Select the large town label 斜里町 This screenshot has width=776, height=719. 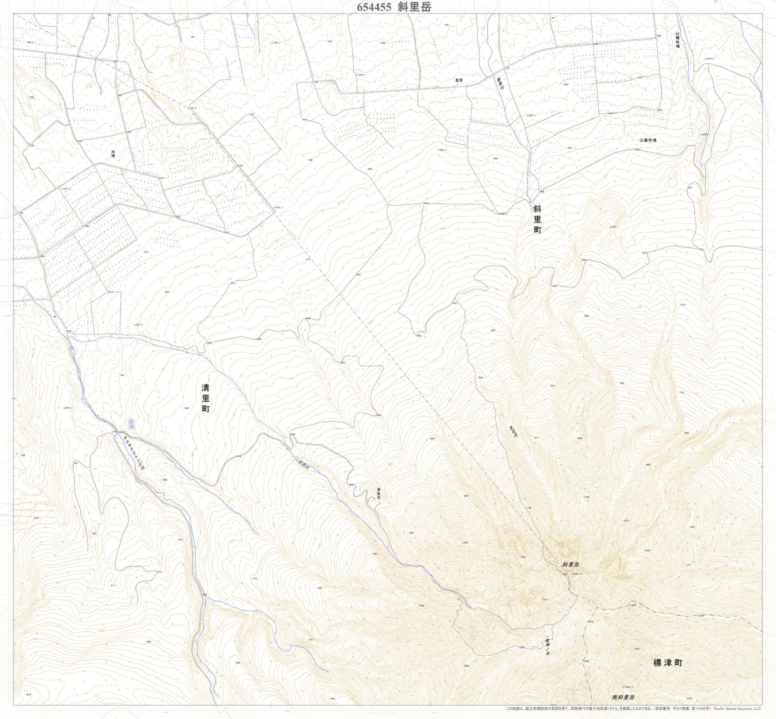(537, 219)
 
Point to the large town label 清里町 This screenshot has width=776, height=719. (205, 398)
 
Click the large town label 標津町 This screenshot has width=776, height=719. (667, 663)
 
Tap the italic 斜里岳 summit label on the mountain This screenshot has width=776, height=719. (570, 565)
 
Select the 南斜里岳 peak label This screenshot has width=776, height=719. (622, 698)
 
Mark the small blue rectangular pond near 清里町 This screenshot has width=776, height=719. (131, 423)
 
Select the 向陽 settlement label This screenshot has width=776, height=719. (113, 153)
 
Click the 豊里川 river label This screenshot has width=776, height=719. (500, 87)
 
